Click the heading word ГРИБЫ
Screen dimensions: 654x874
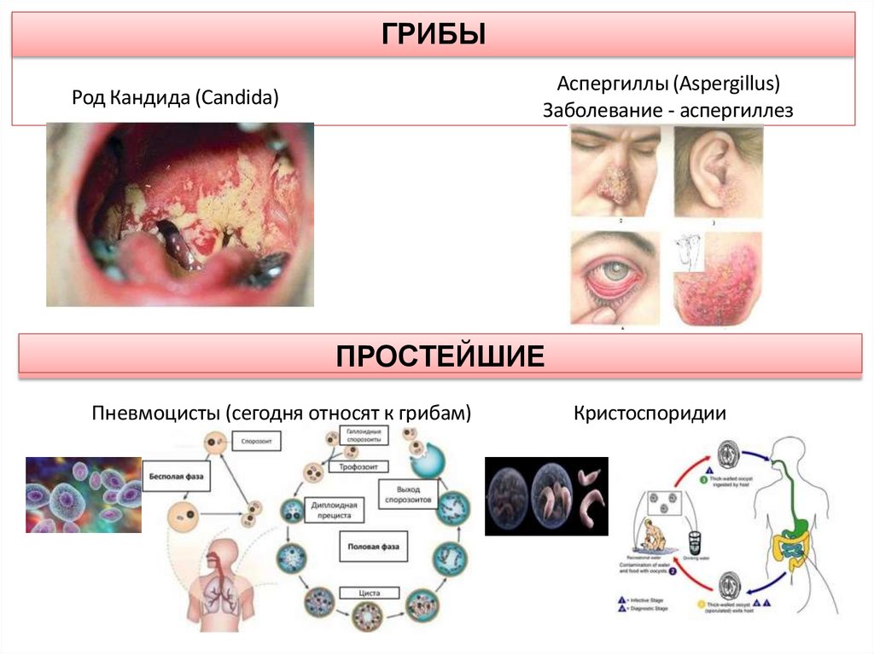tap(433, 35)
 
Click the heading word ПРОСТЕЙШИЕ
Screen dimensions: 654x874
tap(440, 355)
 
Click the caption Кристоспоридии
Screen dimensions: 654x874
tap(650, 414)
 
